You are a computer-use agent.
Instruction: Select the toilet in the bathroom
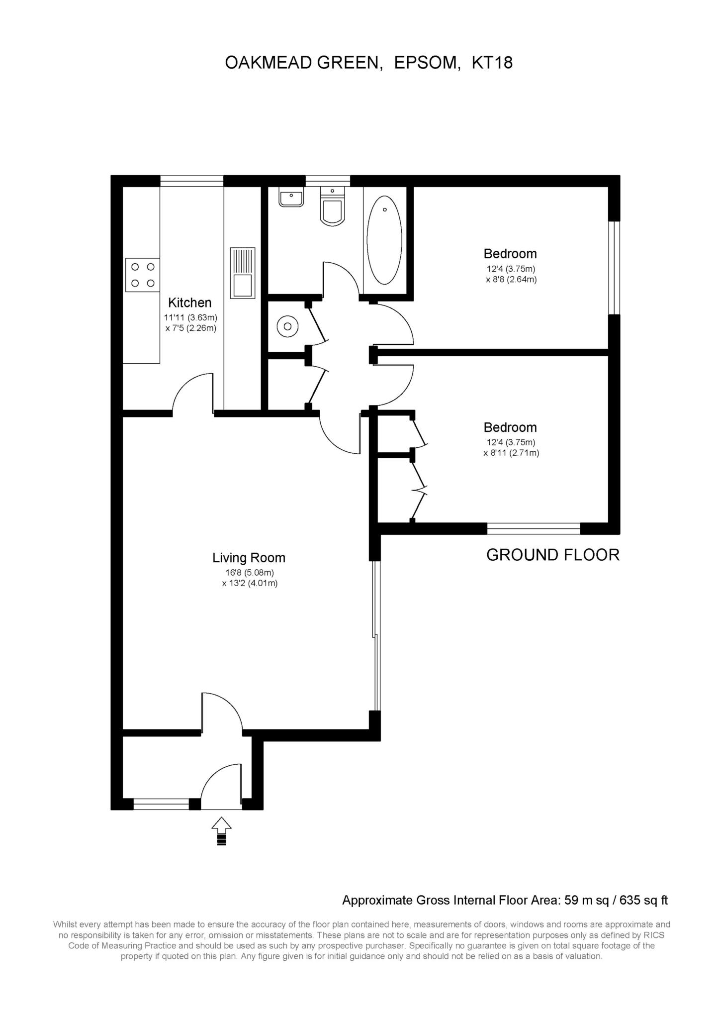(333, 206)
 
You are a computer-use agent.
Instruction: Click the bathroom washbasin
(291, 197)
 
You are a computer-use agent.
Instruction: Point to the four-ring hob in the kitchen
(142, 275)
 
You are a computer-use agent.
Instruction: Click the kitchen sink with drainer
(242, 273)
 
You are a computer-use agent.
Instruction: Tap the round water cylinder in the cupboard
(287, 326)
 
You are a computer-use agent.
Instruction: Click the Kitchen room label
(189, 303)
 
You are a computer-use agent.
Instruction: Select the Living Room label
(249, 558)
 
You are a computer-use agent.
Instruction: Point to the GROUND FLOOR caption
(553, 555)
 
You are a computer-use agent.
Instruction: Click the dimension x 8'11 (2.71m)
(511, 453)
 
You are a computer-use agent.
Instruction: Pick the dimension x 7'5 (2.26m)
(191, 328)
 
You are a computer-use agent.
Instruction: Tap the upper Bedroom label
(510, 254)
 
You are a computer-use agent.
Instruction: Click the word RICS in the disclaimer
(654, 935)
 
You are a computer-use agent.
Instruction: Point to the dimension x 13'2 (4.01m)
(250, 583)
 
